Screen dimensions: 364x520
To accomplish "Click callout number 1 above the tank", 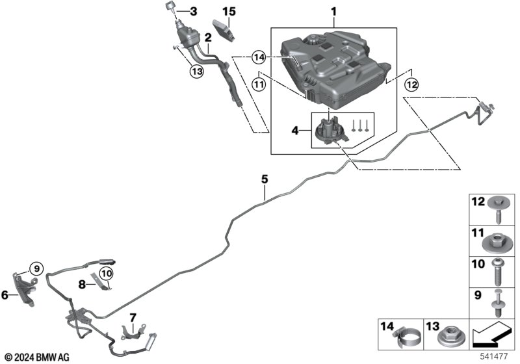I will (333, 11).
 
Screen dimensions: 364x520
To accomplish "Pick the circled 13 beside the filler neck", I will (196, 71).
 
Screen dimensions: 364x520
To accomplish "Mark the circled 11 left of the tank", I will (259, 84).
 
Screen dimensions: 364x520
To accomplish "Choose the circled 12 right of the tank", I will (411, 84).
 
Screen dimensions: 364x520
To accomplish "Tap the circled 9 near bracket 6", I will (36, 268).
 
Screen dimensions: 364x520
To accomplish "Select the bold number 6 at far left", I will (5, 294).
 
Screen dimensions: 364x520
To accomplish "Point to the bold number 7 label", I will (133, 318).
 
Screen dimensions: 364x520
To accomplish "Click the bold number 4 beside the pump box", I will (294, 130).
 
